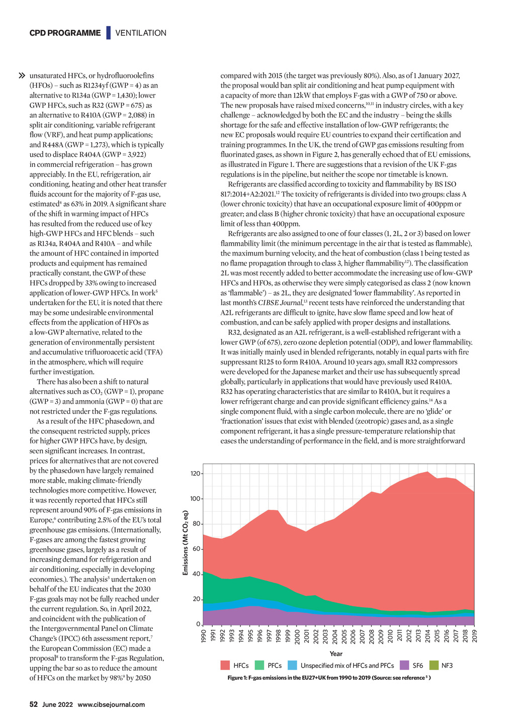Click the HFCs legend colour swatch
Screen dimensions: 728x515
pos(225,665)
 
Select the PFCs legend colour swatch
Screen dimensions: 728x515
pos(260,665)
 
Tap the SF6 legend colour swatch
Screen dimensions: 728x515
pos(404,665)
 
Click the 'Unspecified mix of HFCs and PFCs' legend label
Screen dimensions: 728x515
pos(347,666)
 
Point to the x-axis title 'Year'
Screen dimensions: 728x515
pos(336,654)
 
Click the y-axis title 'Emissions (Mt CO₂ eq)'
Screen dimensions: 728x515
pos(185,543)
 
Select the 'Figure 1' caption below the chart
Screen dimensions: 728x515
pos(329,678)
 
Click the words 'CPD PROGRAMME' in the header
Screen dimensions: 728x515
pos(65,33)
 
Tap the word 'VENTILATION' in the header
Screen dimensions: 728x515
pos(141,33)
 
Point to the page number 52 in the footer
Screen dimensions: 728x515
pos(34,704)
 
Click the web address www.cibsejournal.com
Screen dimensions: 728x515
pos(111,704)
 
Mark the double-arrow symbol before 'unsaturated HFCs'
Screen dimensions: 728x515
pos(22,76)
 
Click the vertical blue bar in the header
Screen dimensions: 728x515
pos(108,33)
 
